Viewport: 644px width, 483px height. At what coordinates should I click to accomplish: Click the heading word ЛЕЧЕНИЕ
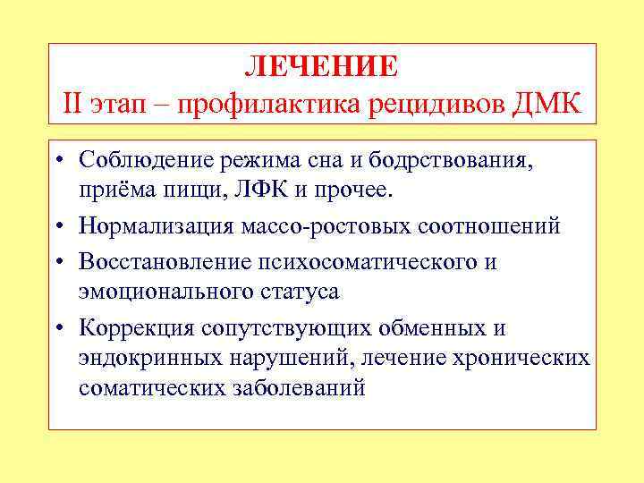coord(321,66)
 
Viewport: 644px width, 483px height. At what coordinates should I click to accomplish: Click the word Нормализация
coord(157,226)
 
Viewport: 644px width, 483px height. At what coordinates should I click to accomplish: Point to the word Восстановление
coord(166,261)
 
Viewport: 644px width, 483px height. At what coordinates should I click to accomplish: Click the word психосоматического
coord(369,261)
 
